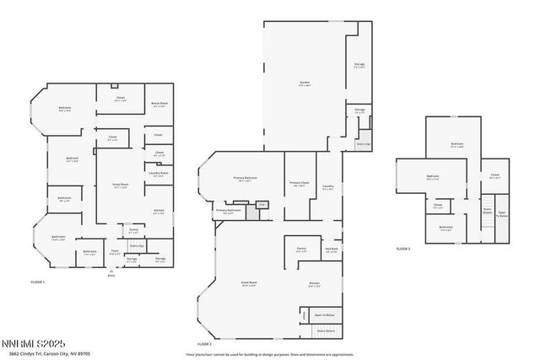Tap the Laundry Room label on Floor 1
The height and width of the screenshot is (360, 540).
159,174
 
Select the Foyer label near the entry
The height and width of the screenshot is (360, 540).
115,250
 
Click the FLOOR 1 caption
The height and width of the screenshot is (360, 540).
37,282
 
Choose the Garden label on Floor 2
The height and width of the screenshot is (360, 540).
305,83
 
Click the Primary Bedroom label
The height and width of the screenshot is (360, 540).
246,179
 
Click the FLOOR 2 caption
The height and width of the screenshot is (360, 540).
205,344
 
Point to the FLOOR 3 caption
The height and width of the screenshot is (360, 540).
403,249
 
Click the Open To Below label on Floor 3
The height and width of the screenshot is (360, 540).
501,214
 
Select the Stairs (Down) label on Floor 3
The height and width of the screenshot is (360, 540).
487,211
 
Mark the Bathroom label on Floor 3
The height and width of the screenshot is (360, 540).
446,227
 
